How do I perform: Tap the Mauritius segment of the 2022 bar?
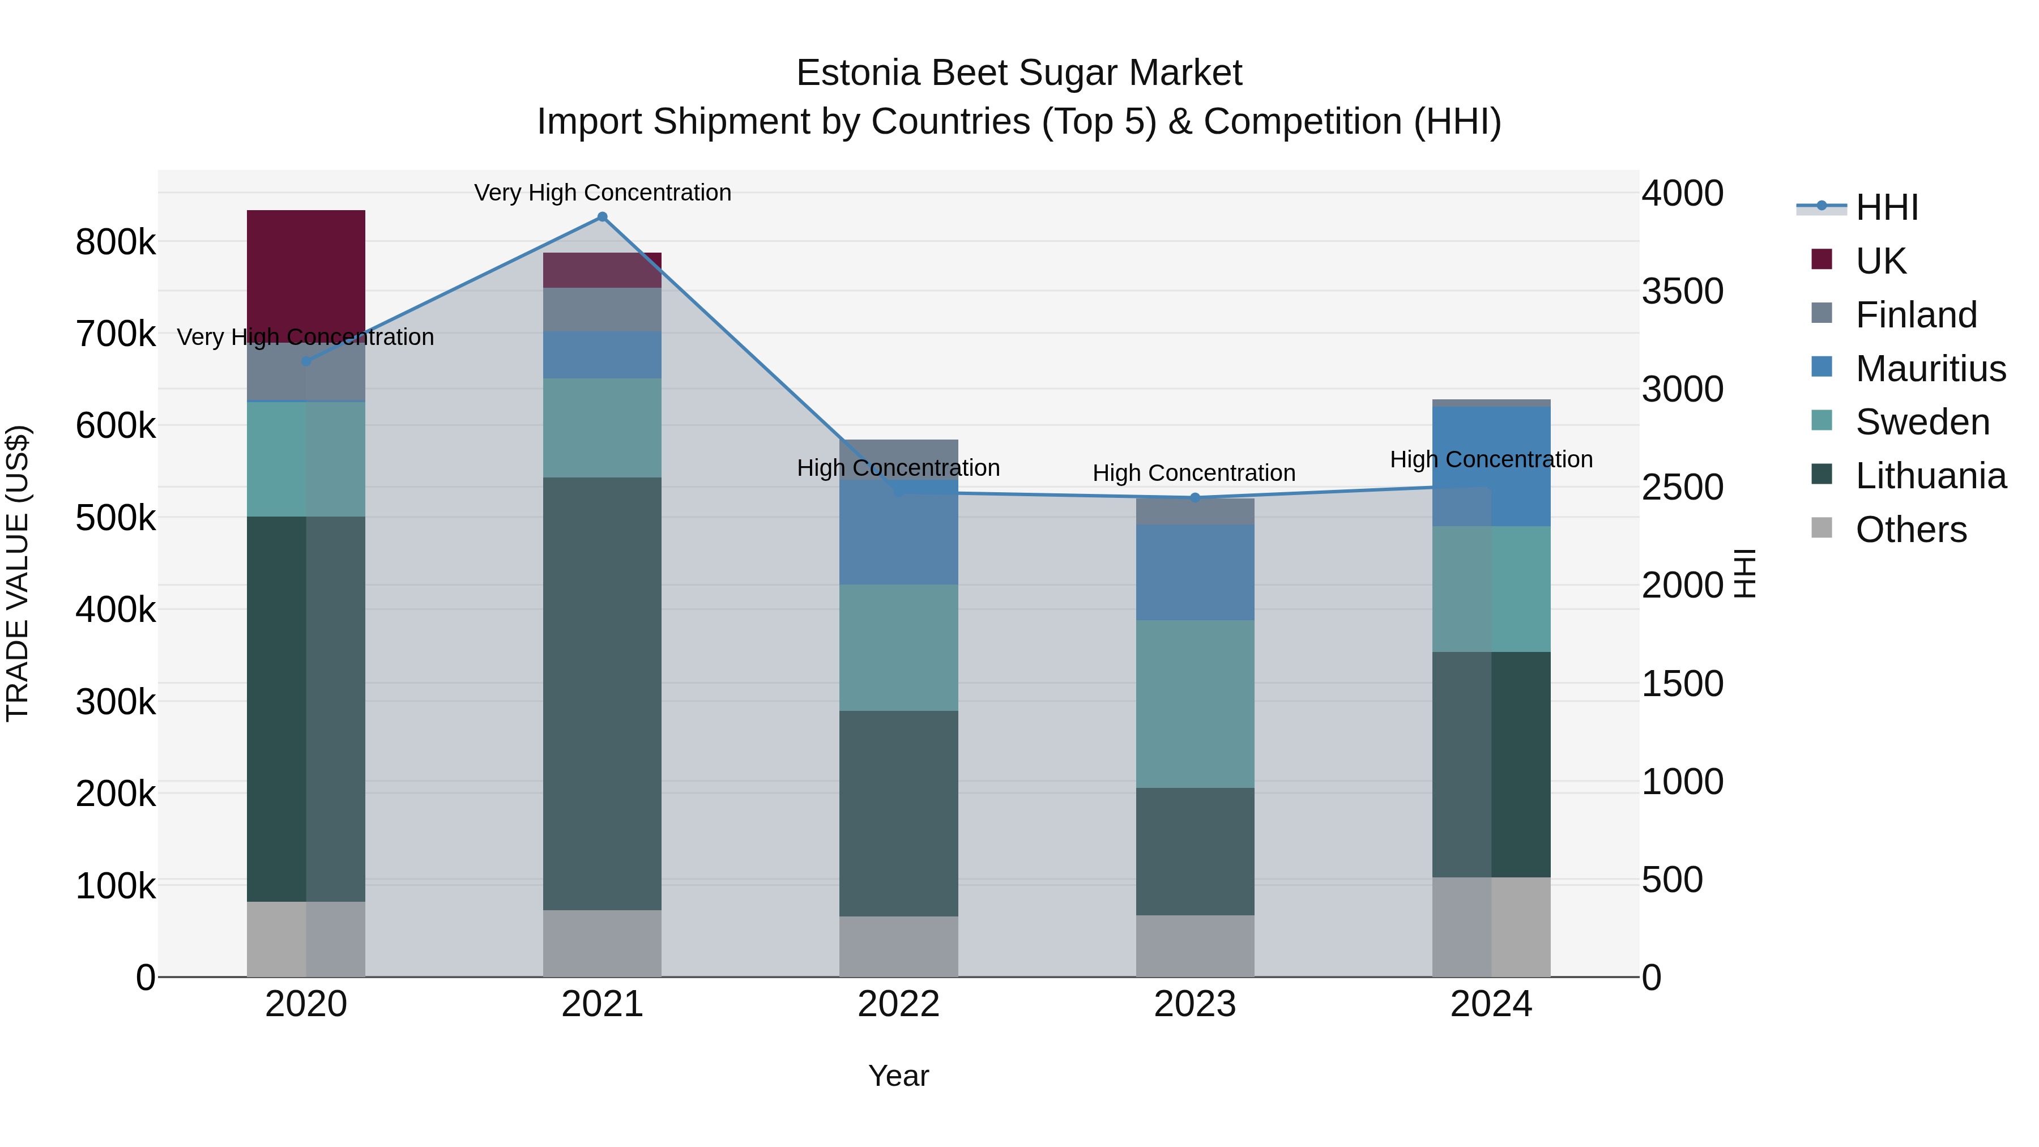click(898, 532)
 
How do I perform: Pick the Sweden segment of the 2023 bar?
click(1195, 703)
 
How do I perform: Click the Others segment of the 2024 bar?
click(1491, 926)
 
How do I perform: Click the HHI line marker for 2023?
click(1195, 497)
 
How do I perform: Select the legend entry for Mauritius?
click(1930, 369)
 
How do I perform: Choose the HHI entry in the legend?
click(1886, 207)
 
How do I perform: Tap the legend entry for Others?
click(1910, 530)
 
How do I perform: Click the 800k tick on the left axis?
click(116, 242)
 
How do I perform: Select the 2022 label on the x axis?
click(898, 1004)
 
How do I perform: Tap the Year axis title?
click(898, 1076)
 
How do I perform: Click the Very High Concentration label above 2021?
click(603, 193)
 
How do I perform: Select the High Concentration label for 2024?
click(1491, 459)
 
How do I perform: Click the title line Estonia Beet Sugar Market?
click(1019, 73)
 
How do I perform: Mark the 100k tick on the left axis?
click(116, 886)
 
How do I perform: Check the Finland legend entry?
click(1916, 315)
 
